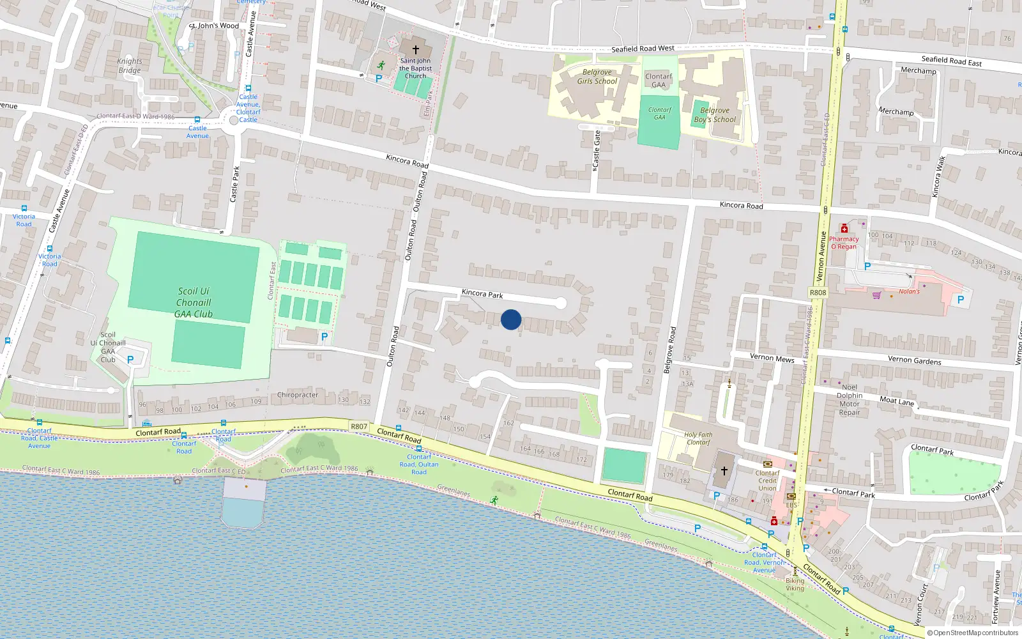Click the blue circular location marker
point(511,319)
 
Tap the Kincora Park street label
point(482,294)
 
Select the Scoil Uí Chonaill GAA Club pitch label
point(194,302)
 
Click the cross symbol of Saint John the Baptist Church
point(415,50)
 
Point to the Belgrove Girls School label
point(597,77)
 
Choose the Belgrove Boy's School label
point(715,115)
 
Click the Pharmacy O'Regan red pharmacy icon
point(844,229)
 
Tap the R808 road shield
point(818,293)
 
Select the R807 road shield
point(359,426)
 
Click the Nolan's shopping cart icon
point(876,295)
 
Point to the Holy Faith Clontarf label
point(698,438)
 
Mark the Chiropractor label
point(298,395)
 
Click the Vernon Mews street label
point(772,358)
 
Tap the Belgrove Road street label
point(669,350)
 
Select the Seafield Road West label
point(643,49)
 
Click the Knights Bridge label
point(130,66)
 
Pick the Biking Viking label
point(795,585)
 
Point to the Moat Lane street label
point(897,401)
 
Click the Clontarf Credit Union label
point(768,481)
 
